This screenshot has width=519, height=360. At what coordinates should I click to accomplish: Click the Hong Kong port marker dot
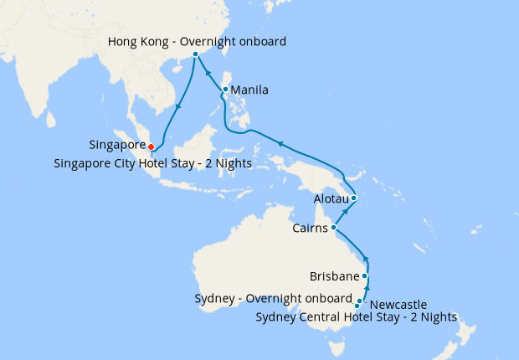[x=195, y=53]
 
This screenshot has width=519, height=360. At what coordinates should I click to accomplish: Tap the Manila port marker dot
[x=225, y=90]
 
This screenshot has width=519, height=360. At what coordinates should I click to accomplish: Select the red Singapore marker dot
[x=151, y=147]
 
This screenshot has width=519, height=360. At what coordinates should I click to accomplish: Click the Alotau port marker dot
[x=354, y=198]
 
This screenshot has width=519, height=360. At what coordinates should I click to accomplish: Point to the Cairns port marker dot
[x=333, y=227]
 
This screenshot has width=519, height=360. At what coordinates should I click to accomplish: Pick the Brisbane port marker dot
[x=364, y=275]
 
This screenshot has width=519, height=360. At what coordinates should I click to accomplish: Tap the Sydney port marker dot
[x=357, y=306]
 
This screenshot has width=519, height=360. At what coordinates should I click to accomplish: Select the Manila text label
[x=249, y=90]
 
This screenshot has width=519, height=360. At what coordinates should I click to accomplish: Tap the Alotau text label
[x=330, y=200]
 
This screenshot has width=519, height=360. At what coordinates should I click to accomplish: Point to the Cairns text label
[x=311, y=228]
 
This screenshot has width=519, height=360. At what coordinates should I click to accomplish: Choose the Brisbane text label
[x=334, y=275]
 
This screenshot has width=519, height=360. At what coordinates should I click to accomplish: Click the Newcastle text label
[x=398, y=304]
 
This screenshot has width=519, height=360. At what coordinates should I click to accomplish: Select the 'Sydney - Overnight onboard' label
[x=272, y=299]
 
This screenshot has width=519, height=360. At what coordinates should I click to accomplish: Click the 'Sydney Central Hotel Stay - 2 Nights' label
[x=355, y=317]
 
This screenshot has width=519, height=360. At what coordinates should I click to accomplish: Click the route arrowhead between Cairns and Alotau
[x=343, y=213]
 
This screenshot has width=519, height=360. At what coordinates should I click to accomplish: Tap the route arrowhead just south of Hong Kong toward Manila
[x=208, y=72]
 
